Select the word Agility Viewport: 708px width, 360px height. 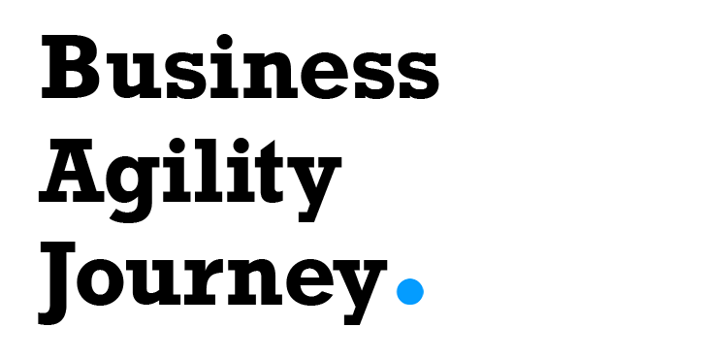pyautogui.click(x=190, y=176)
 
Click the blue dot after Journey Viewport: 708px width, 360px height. pyautogui.click(x=410, y=291)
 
